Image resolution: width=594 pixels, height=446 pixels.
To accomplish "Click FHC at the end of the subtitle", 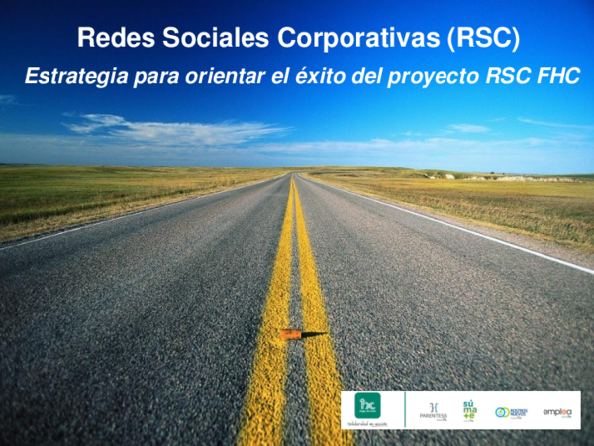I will [558, 76].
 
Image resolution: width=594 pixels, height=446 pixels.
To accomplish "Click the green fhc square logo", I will [368, 404].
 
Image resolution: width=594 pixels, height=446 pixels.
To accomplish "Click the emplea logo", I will [557, 412].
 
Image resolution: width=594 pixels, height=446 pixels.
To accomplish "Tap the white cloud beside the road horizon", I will [178, 129].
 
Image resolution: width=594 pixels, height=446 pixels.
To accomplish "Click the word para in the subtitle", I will [150, 76].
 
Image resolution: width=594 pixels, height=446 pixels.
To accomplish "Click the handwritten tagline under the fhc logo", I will [368, 423].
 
